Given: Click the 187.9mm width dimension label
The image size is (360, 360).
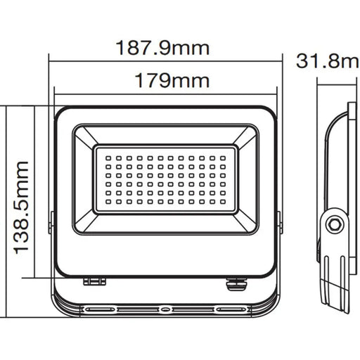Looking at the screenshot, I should (165, 49).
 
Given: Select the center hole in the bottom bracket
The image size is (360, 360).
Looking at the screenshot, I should (165, 308).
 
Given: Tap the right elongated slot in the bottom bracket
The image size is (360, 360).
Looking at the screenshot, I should (229, 308).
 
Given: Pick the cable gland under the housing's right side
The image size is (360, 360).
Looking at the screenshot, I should (233, 283).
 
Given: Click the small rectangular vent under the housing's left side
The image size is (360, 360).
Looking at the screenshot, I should (95, 281).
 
